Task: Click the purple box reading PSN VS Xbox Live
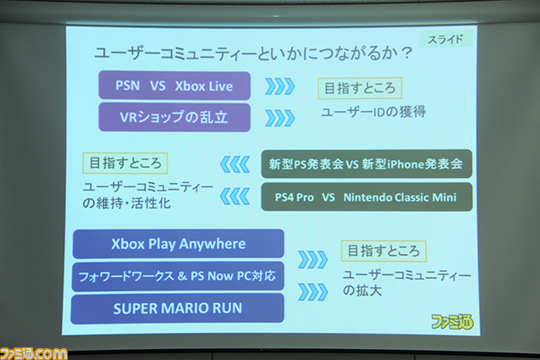tap(174, 86)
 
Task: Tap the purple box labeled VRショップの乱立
tap(174, 117)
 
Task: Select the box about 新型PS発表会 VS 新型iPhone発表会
tap(366, 164)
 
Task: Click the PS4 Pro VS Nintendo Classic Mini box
tap(366, 197)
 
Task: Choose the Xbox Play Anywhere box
tap(179, 244)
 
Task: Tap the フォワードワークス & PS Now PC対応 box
tap(178, 276)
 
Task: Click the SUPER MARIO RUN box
tap(178, 308)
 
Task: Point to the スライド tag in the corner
tap(445, 40)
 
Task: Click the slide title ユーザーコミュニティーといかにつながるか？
tap(253, 53)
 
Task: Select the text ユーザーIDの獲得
tap(373, 112)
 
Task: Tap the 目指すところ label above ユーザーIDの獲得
tap(360, 88)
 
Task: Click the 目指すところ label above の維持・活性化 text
tap(125, 163)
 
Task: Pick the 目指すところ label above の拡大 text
tap(383, 251)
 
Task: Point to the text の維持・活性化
tap(126, 203)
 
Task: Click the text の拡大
tap(362, 291)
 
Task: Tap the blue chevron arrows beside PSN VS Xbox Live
tap(280, 86)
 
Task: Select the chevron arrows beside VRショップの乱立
tap(280, 118)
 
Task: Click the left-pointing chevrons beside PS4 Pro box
tap(234, 197)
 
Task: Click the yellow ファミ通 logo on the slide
tap(452, 322)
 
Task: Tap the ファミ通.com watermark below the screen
tap(34, 354)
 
